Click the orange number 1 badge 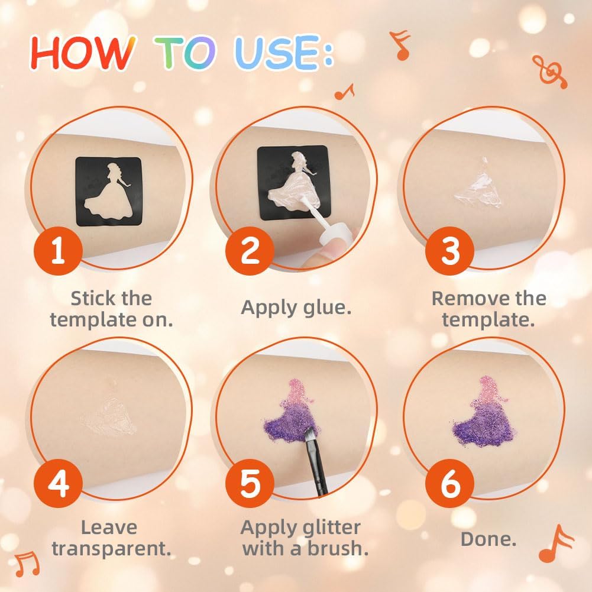coord(58,251)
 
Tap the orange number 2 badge coord(250,251)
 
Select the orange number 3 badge coord(449,251)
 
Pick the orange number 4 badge coord(58,483)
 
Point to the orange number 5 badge coord(250,483)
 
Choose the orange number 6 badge coord(449,483)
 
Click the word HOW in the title coord(83,53)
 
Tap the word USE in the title coord(277,53)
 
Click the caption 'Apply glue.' coord(296,308)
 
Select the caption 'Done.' coord(488,539)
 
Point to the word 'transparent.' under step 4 coord(111,549)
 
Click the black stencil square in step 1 coord(109,192)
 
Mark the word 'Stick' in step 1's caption coord(89,298)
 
